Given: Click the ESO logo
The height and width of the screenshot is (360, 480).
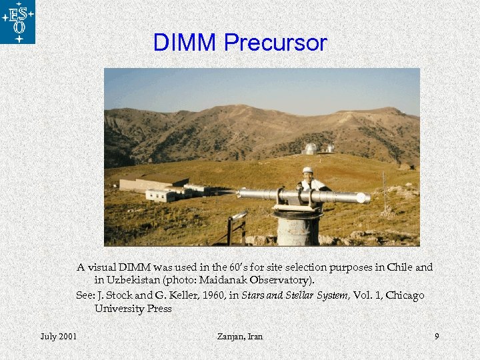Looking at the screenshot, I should click(18, 22).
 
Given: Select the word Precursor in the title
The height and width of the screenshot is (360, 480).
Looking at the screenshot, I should click(275, 43).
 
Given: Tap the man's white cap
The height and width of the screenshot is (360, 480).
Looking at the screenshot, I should click(307, 170).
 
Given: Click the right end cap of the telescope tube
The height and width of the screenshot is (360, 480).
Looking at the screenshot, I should click(363, 198).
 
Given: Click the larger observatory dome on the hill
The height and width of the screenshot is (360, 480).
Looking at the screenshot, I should click(310, 149).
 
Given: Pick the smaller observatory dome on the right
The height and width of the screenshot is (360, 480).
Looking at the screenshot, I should click(329, 148).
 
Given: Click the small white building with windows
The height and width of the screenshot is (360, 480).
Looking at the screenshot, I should click(160, 195).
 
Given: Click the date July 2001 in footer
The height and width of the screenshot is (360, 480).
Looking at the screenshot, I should click(58, 336).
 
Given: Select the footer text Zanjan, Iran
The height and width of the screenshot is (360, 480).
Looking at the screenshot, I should click(240, 336).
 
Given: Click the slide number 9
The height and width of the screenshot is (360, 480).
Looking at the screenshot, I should click(437, 336).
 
